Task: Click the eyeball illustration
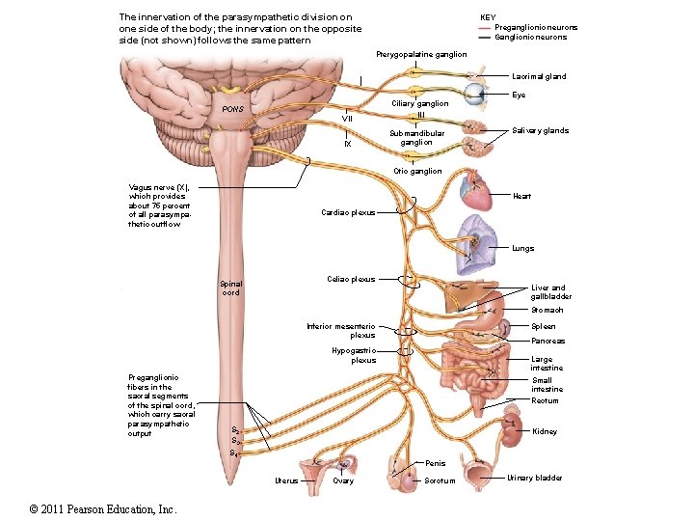[x=476, y=95]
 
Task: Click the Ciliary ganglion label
[x=419, y=103]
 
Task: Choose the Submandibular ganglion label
[x=416, y=138]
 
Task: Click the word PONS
[x=233, y=109]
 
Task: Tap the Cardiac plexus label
[x=348, y=212]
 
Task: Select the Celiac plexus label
[x=351, y=279]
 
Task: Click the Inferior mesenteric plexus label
[x=341, y=331]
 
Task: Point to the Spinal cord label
[x=231, y=288]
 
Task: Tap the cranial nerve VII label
[x=349, y=118]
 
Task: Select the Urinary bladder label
[x=535, y=478]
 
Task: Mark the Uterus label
[x=286, y=480]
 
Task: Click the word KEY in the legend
[x=488, y=17]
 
